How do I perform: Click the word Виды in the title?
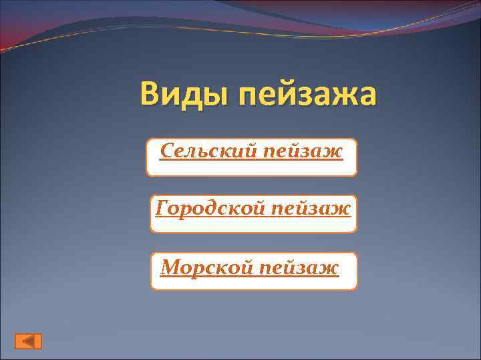[180, 95]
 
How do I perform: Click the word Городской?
[210, 209]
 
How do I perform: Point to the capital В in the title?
[151, 95]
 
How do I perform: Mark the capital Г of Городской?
[162, 209]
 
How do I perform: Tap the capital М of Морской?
[172, 267]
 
